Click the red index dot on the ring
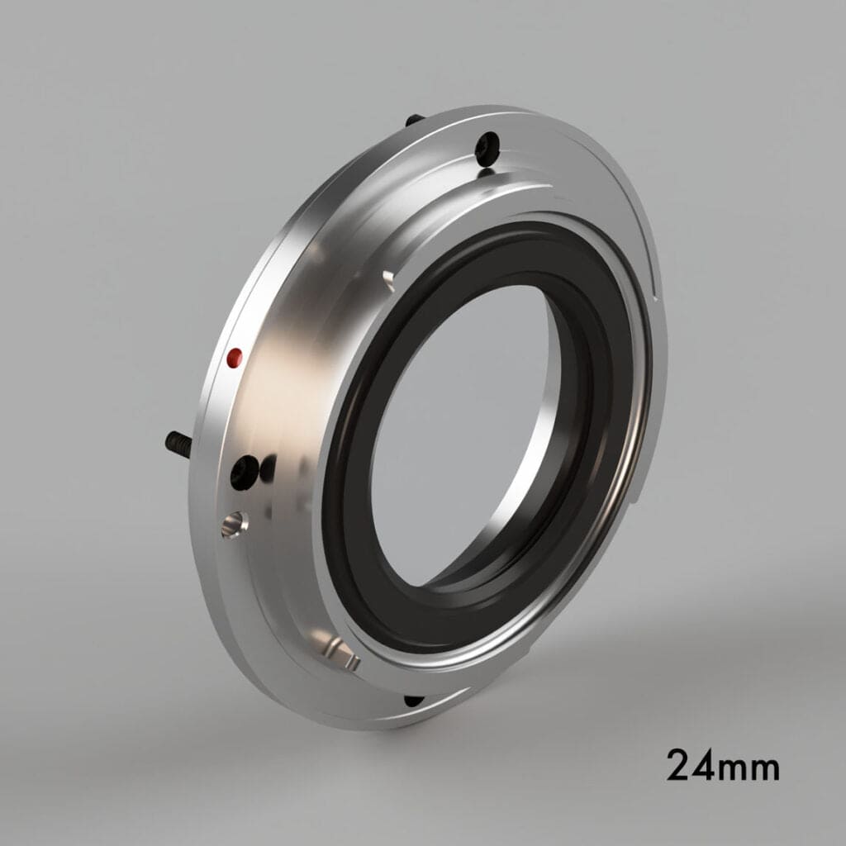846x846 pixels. (x=235, y=357)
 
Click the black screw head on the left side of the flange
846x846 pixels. (x=243, y=472)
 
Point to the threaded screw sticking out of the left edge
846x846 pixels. (x=178, y=444)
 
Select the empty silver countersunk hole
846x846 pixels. (x=234, y=523)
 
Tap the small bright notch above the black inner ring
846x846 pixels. (x=387, y=277)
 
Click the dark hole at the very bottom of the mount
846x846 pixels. (x=413, y=701)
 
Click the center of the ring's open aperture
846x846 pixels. (x=463, y=430)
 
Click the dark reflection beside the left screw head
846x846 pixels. (x=268, y=469)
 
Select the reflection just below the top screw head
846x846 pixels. (x=487, y=172)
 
